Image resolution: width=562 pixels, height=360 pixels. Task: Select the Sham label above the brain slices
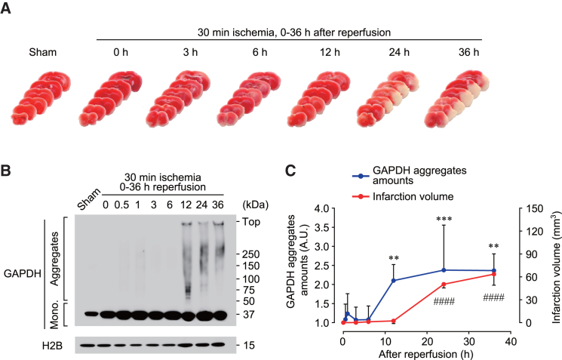click(41, 53)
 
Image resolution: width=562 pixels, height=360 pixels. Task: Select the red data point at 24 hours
click(444, 284)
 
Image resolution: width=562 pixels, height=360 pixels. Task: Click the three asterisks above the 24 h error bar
click(444, 219)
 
